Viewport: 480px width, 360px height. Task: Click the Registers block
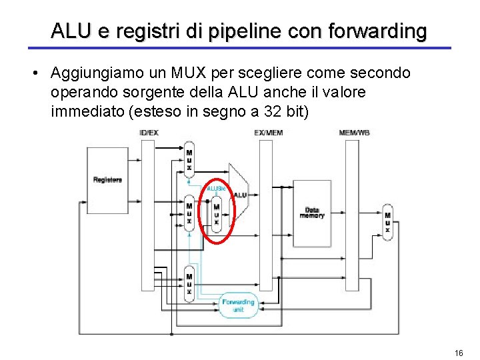(107, 179)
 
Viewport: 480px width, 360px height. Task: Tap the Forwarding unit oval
(238, 305)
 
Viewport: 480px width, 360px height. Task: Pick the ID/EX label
(149, 133)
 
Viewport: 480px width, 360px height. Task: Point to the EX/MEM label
(269, 133)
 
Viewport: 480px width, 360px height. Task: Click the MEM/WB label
(354, 133)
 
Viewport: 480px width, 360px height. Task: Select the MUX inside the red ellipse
(216, 213)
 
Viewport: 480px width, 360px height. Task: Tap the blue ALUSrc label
(217, 189)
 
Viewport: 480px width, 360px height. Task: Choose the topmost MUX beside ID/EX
(189, 159)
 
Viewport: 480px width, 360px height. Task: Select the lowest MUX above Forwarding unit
(189, 283)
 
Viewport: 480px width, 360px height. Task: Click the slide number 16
(458, 353)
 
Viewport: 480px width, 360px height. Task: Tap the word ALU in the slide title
(67, 31)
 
